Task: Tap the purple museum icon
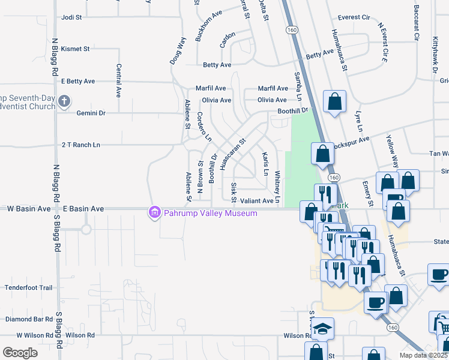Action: (x=155, y=212)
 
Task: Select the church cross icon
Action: (x=64, y=103)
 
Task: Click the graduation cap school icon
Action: (x=323, y=329)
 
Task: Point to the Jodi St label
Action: (x=71, y=17)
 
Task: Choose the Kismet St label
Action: (x=75, y=49)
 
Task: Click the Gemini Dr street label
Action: (x=91, y=113)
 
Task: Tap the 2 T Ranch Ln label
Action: (x=81, y=145)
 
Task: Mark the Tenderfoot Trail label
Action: (x=29, y=288)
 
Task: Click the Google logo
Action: (x=20, y=352)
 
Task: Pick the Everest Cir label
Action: (x=354, y=17)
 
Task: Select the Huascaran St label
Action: (x=233, y=154)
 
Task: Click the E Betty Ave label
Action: (x=78, y=81)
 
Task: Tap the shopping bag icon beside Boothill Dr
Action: (x=334, y=101)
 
